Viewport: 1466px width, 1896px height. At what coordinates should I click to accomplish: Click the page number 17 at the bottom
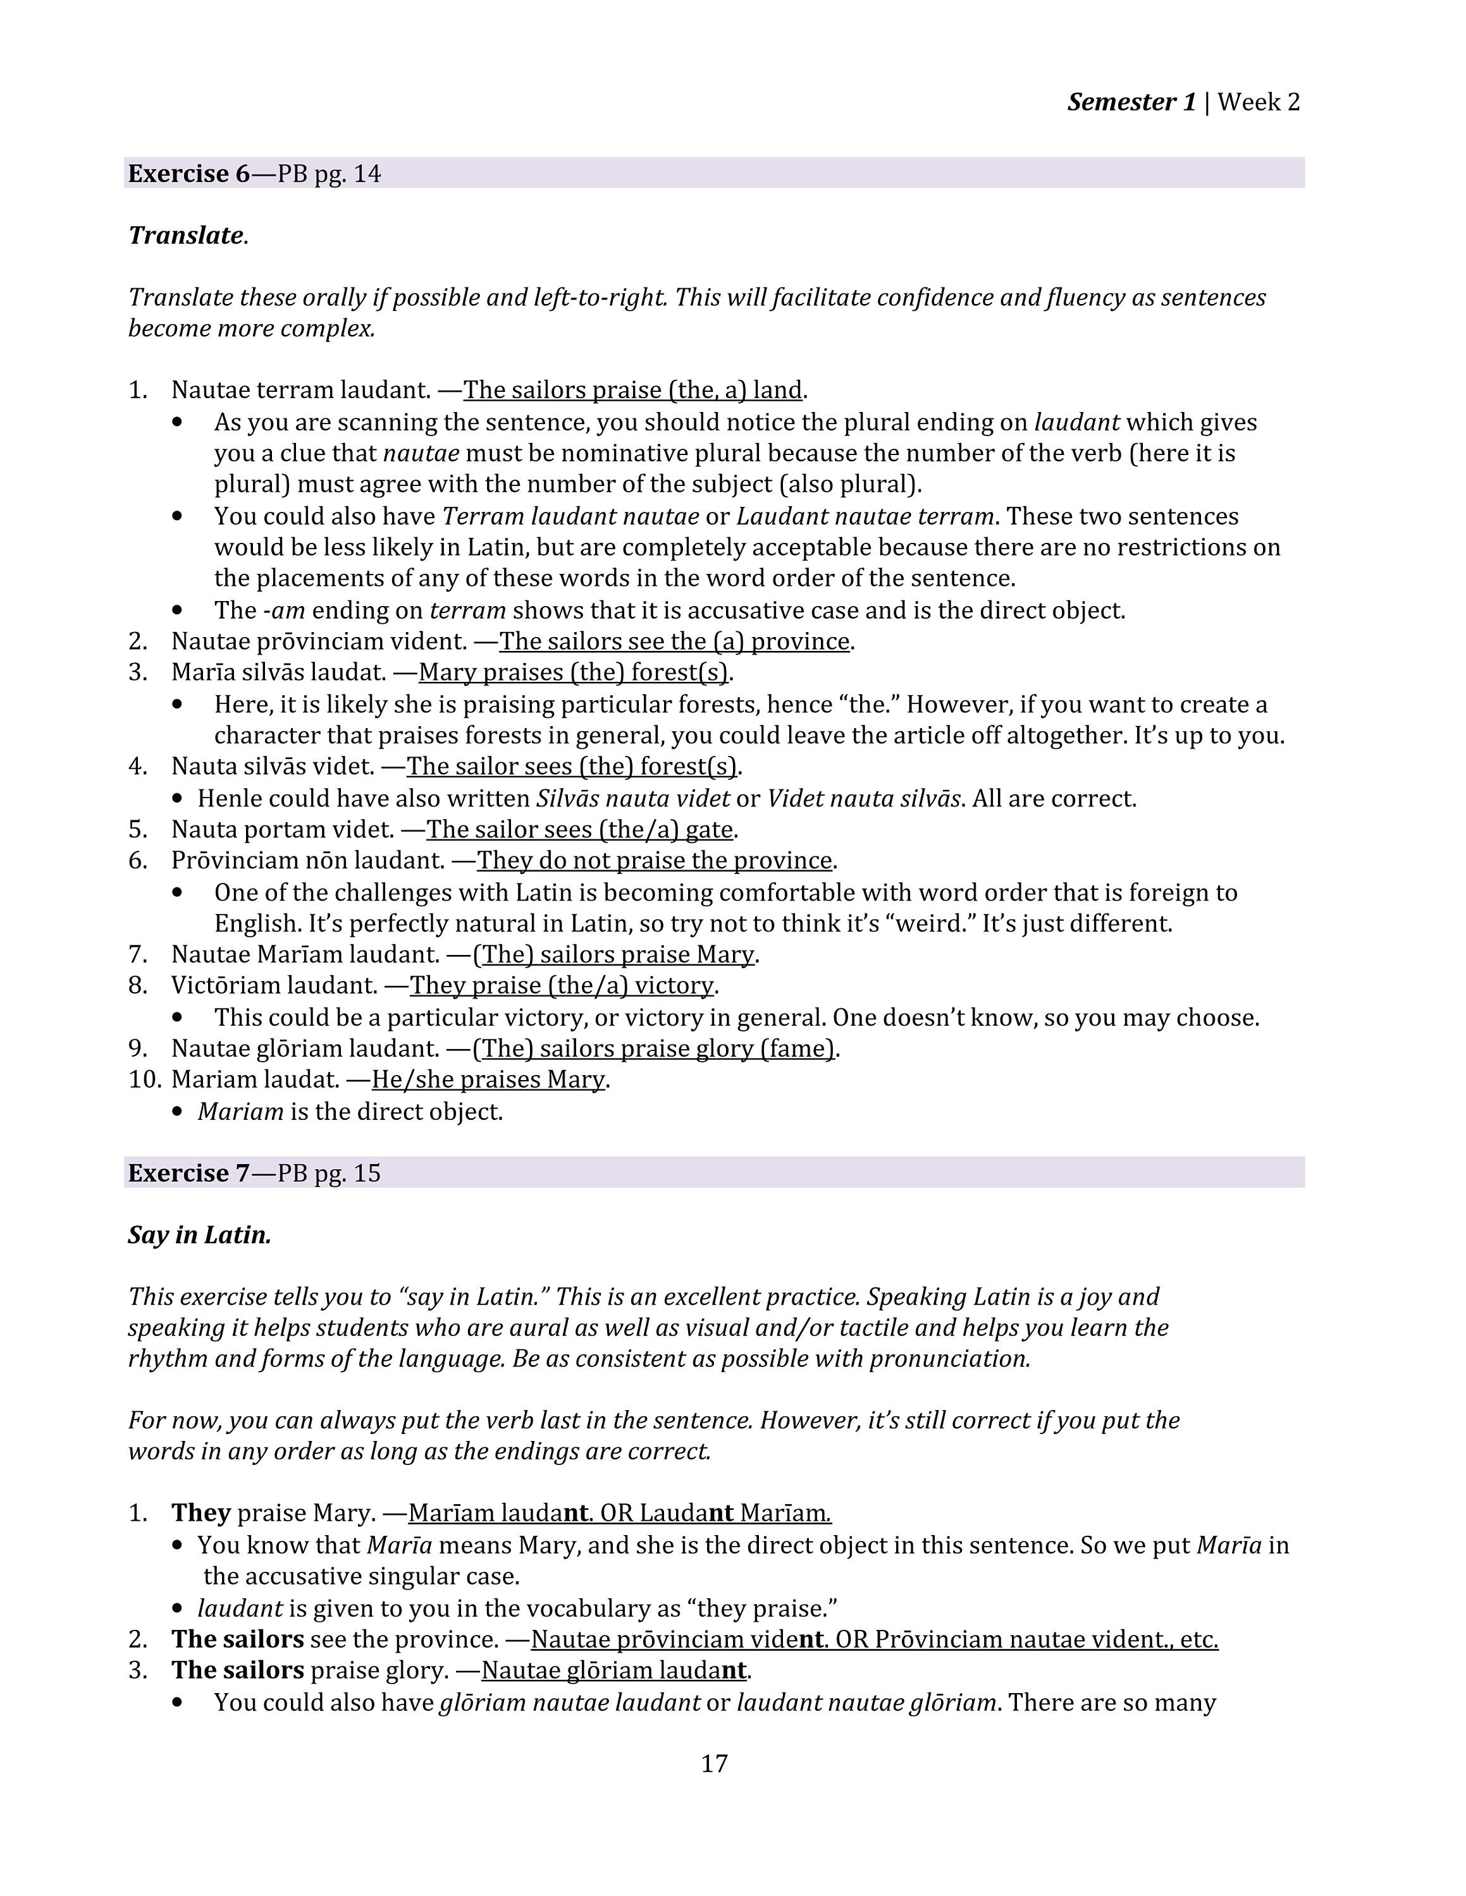(714, 1763)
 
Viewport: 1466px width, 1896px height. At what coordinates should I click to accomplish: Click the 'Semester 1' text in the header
(1131, 102)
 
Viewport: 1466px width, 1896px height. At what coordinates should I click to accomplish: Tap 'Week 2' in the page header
(1259, 102)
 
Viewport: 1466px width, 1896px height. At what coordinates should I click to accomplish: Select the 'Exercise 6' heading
(188, 174)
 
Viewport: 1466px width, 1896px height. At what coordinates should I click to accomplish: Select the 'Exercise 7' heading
(188, 1173)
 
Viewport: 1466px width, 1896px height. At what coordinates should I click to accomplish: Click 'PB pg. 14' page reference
(329, 174)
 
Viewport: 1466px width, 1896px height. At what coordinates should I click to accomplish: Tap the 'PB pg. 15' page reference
(329, 1173)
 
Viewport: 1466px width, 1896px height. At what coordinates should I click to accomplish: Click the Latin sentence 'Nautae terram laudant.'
(300, 390)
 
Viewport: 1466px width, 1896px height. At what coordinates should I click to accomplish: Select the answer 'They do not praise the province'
(655, 860)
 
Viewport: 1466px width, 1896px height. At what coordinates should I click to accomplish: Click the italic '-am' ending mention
(283, 611)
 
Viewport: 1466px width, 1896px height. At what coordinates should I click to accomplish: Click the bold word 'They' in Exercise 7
(200, 1513)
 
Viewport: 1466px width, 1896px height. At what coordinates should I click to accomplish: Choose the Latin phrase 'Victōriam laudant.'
(274, 985)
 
